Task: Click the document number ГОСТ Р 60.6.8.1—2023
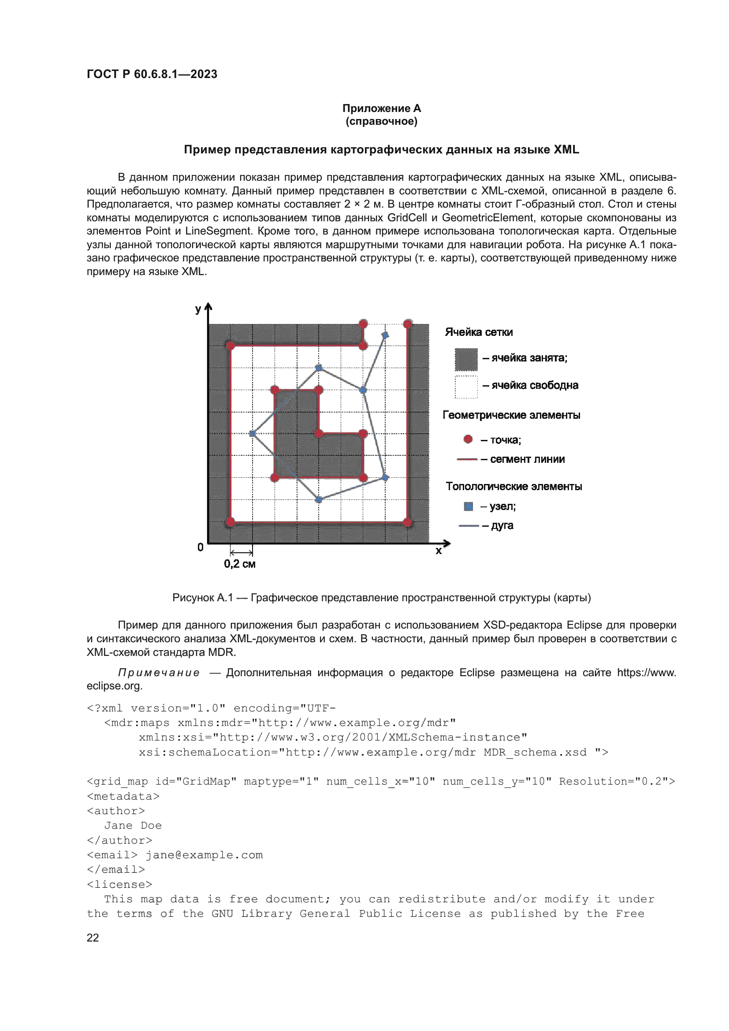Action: pos(152,74)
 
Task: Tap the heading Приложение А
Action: pos(381,108)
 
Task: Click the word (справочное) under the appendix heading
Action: pos(381,121)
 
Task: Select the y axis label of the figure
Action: pos(198,309)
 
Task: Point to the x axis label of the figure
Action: pos(439,551)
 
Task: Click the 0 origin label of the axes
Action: pos(200,547)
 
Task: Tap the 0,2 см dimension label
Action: pos(240,564)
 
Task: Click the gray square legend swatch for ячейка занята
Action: pos(466,359)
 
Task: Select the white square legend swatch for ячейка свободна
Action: pos(466,387)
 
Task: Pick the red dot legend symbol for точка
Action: pos(468,439)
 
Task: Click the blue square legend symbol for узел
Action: pos(468,506)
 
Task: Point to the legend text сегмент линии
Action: pos(527,459)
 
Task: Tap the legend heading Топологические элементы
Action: pos(513,486)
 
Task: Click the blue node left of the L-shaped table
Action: pos(252,434)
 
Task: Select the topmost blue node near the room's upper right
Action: pos(385,335)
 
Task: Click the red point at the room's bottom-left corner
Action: pos(230,522)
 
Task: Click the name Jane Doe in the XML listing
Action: pos(133,825)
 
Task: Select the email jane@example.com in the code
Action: pos(204,855)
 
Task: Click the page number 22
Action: pos(93,938)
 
